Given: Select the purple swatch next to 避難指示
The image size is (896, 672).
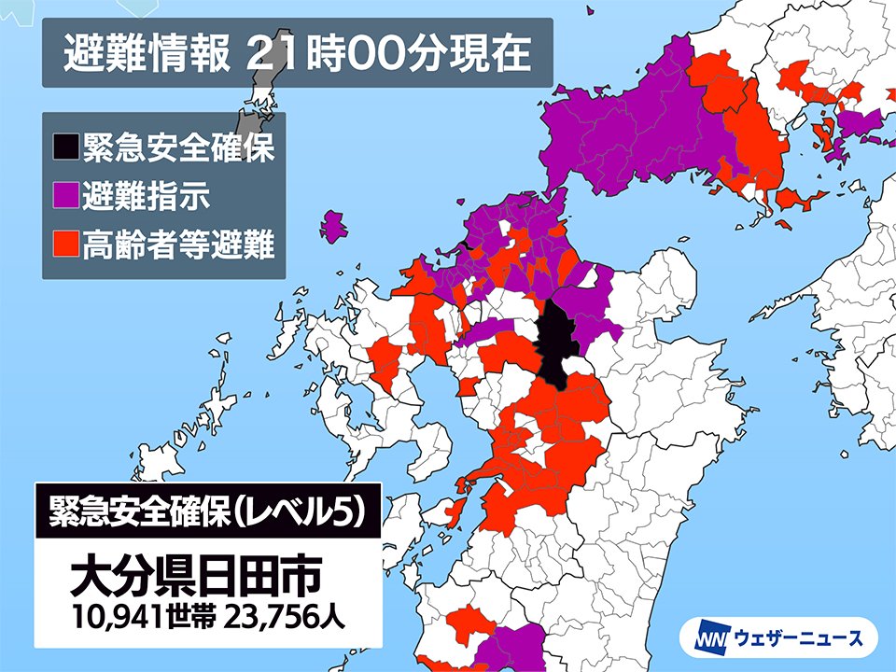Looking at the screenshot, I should click(65, 197).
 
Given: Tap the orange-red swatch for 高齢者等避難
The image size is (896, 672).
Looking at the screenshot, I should click(65, 245).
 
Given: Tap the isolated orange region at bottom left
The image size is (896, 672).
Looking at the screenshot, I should click(467, 623).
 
